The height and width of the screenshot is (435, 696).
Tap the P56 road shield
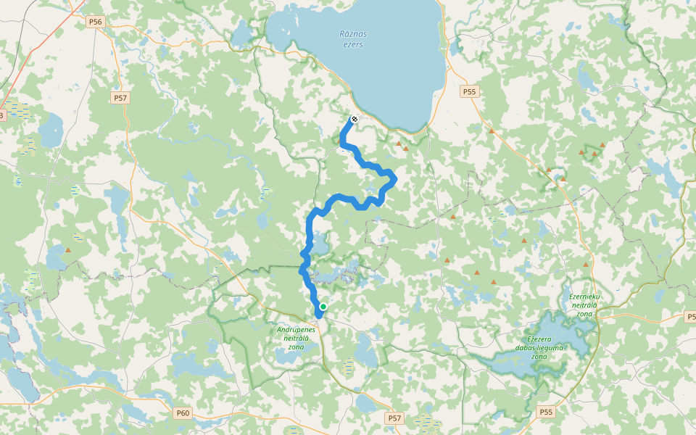click(95, 22)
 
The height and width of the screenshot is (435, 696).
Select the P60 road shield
click(183, 413)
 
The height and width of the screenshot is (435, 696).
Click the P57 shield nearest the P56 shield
click(120, 97)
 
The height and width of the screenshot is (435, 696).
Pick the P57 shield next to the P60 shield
click(394, 418)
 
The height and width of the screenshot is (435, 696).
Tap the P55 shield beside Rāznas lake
click(470, 91)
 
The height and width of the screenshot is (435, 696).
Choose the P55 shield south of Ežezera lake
click(546, 412)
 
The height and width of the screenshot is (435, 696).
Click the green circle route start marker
click(323, 307)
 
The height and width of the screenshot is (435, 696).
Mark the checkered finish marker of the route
click(355, 119)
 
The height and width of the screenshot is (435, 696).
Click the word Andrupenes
click(297, 329)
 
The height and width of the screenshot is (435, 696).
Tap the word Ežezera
click(539, 339)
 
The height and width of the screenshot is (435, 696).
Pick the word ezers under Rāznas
click(353, 45)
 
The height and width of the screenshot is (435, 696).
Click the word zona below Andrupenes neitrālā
click(296, 347)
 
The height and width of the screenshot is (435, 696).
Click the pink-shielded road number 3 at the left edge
click(2, 115)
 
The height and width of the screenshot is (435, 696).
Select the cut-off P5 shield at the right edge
click(690, 316)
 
